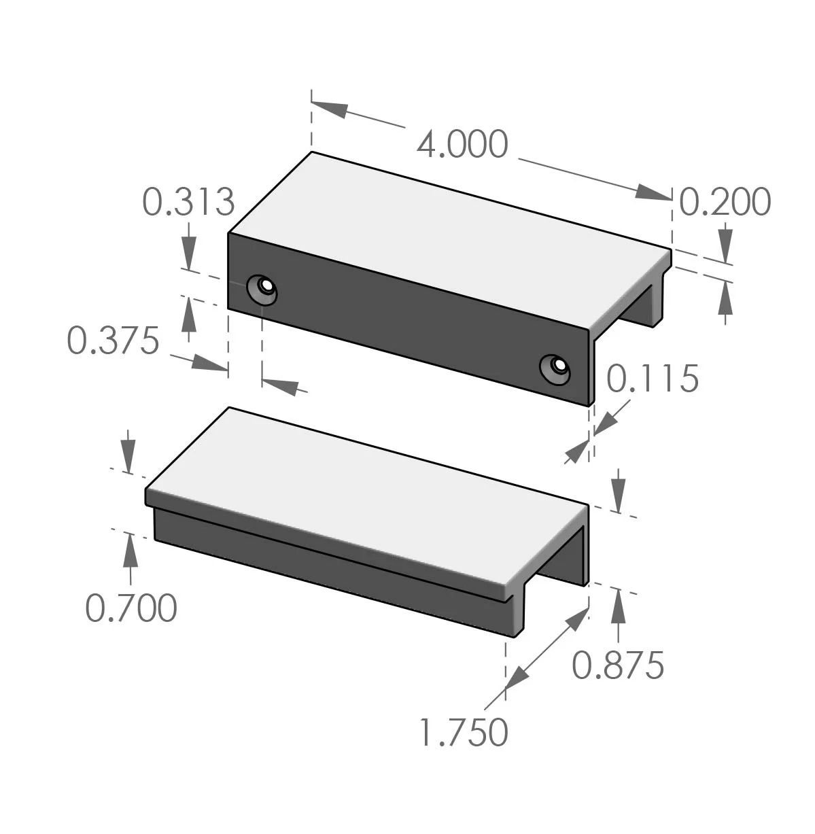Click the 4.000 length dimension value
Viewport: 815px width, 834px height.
coord(462,145)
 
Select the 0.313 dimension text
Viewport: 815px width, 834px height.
coord(188,202)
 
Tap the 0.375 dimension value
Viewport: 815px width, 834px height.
coord(113,341)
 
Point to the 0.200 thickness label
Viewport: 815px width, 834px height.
coord(725,202)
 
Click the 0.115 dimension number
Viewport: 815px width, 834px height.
coord(652,379)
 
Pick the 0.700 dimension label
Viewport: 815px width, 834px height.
coord(131,608)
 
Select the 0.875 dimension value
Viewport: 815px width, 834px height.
coord(617,665)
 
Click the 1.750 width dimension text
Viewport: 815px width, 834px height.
coord(464,733)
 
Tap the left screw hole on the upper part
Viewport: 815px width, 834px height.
coord(263,288)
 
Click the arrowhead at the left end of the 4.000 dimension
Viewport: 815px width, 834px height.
coord(330,108)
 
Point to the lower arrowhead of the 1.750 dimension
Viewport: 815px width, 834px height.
coord(516,680)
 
